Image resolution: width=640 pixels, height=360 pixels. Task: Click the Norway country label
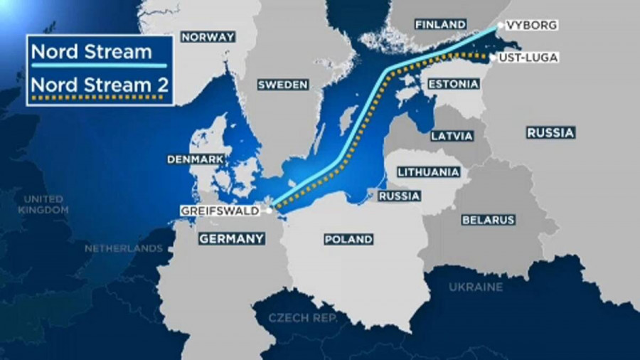click(x=208, y=37)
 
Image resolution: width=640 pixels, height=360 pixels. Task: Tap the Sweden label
click(x=283, y=85)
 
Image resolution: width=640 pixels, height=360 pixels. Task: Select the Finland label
click(x=441, y=24)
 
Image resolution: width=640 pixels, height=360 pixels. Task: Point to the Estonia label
click(x=453, y=84)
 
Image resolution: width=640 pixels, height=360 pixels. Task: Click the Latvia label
click(x=452, y=135)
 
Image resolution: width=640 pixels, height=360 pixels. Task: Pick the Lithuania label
click(x=428, y=172)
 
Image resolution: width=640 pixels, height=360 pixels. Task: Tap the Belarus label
click(x=488, y=220)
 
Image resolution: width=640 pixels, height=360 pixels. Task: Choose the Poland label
click(x=348, y=239)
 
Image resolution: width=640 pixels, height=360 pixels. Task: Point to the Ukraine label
click(x=476, y=287)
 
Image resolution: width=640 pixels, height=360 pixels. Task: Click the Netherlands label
click(x=124, y=249)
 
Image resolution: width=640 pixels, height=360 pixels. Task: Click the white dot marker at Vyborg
click(x=501, y=26)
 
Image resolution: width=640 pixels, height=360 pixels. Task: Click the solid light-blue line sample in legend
click(x=100, y=65)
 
